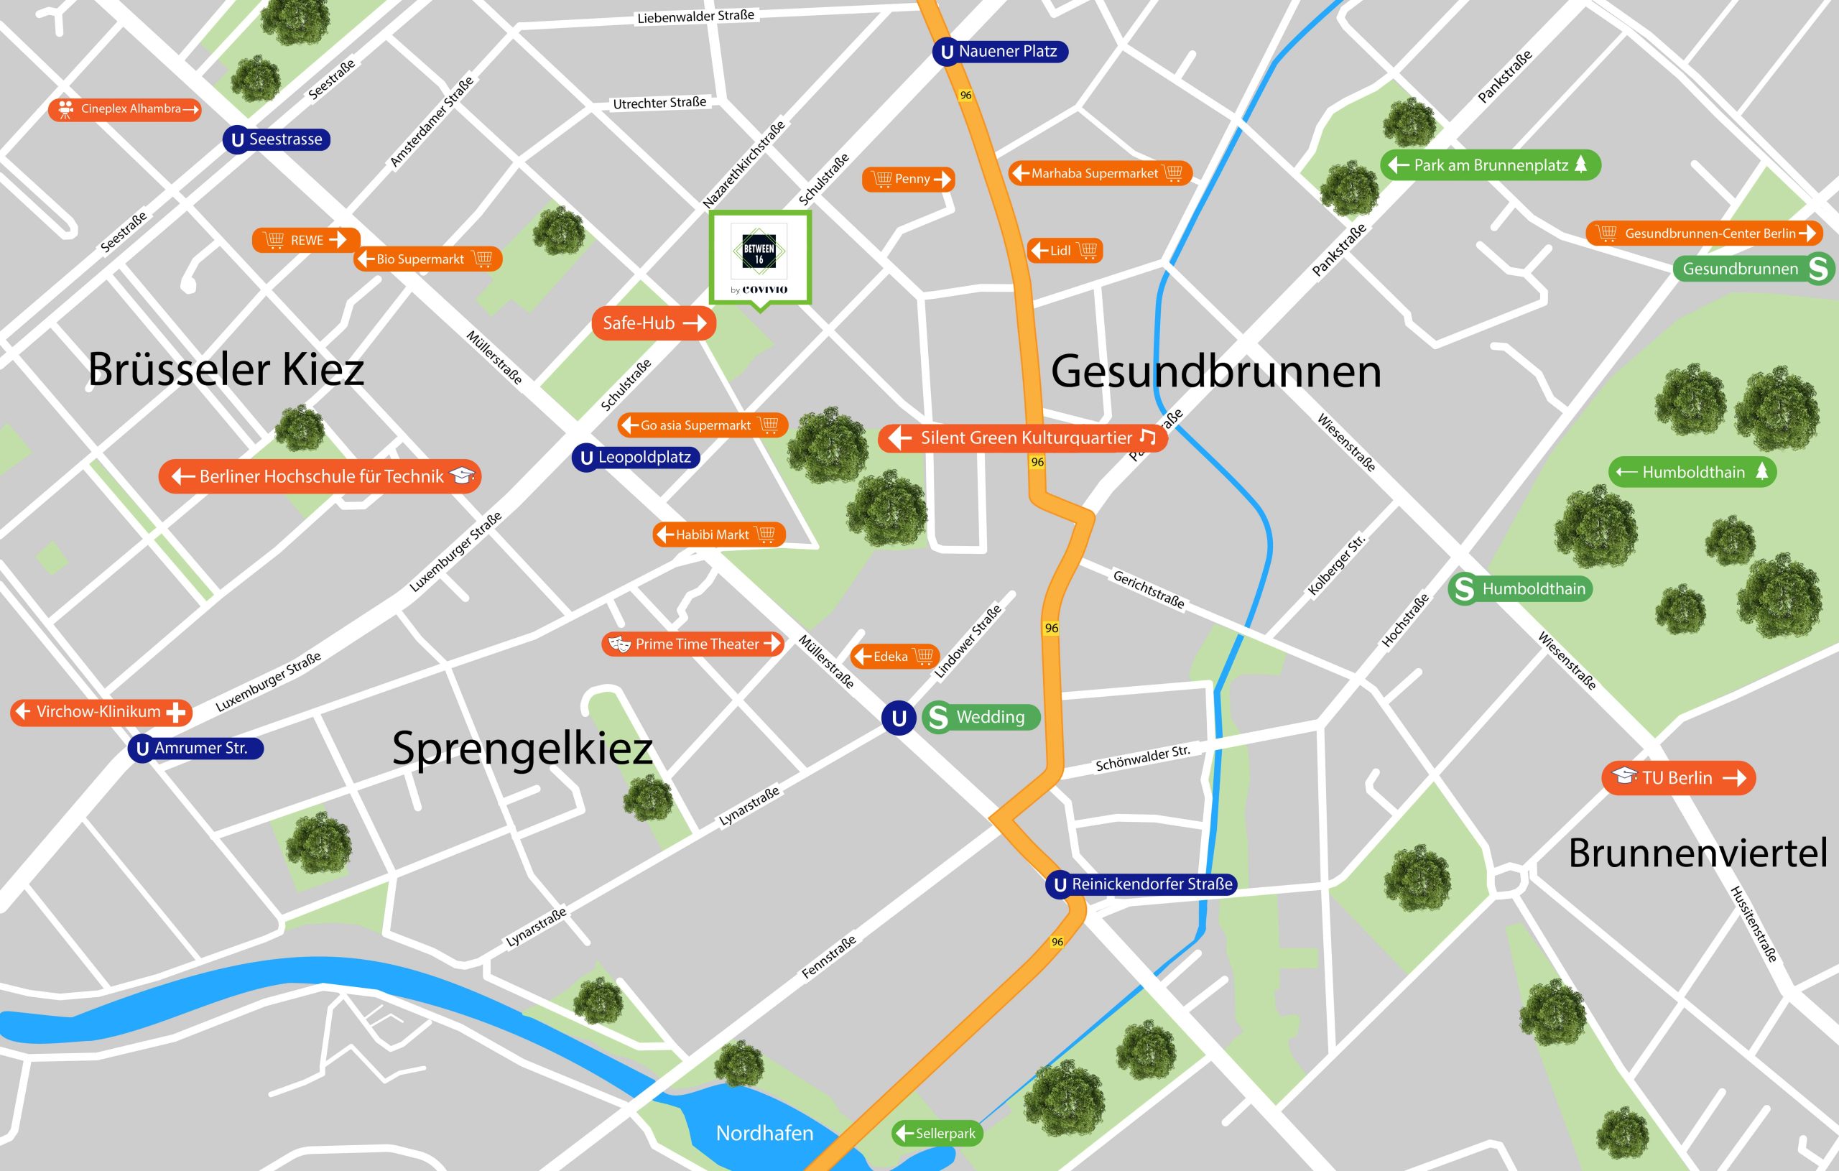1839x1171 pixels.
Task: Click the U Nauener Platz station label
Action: click(x=999, y=52)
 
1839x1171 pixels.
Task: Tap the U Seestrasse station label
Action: click(x=277, y=140)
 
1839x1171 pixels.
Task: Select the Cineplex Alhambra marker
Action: click(x=124, y=109)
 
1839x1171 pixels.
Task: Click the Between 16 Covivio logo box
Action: click(x=760, y=257)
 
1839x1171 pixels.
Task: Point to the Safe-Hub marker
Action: click(x=653, y=323)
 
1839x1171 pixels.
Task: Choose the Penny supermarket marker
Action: click(x=908, y=180)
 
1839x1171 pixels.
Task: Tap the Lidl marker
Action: click(x=1065, y=251)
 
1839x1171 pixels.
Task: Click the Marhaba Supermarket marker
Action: click(x=1099, y=173)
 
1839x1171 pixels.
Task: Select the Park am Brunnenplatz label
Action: click(x=1489, y=165)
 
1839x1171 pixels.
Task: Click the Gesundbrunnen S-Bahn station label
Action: click(x=1752, y=269)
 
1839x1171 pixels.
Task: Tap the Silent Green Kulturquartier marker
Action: click(x=1023, y=438)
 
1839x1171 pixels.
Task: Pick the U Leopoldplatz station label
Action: click(x=636, y=458)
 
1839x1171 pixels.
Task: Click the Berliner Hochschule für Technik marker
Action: click(x=320, y=476)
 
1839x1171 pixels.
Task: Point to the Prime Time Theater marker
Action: click(x=692, y=644)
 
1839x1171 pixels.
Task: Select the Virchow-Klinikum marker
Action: click(x=101, y=712)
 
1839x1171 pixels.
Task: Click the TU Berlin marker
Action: click(x=1678, y=777)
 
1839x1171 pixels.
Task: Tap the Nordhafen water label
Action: click(x=764, y=1133)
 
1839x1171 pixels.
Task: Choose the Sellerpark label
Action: click(x=937, y=1133)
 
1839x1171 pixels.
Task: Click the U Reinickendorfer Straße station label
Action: click(x=1141, y=884)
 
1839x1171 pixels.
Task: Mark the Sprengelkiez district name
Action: click(x=522, y=748)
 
